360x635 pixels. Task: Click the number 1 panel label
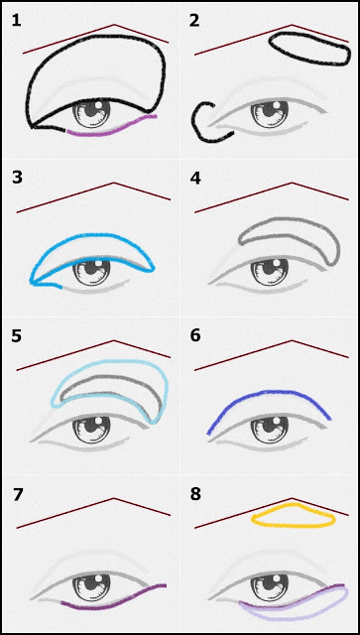coord(16,20)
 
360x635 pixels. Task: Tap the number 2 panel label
coord(194,20)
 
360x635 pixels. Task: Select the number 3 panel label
coord(17,178)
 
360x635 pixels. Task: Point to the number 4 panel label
coord(195,178)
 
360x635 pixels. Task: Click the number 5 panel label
coord(17,336)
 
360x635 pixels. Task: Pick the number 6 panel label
coord(195,336)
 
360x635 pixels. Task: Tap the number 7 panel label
coord(17,494)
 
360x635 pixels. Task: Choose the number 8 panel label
coord(195,494)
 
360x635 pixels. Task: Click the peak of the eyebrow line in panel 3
coord(114,183)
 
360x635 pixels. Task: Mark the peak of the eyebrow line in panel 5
coord(114,340)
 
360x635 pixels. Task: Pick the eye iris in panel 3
coord(91,271)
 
